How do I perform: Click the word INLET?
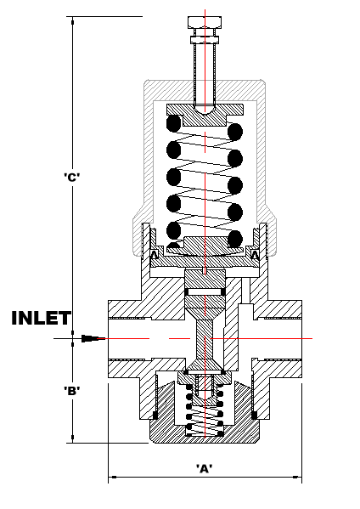[42, 318]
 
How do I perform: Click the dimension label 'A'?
[205, 468]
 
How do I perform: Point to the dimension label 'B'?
[72, 391]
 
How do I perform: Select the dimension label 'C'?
[72, 178]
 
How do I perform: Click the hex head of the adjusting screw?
[205, 22]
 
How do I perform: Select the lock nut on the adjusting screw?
[205, 40]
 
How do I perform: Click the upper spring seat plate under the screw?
[205, 115]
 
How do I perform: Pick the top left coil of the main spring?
[173, 124]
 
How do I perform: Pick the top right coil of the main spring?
[235, 132]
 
